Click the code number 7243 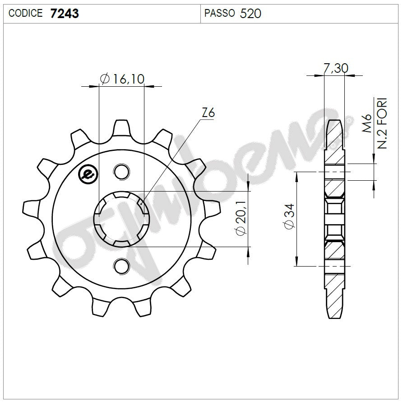[x=64, y=14]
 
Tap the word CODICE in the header [x=26, y=14]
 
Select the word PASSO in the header [x=219, y=14]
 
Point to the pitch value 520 [x=250, y=14]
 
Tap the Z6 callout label [x=208, y=113]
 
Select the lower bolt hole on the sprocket [x=120, y=266]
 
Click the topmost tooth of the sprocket [x=121, y=127]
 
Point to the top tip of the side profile [x=334, y=121]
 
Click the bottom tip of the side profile [x=334, y=317]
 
